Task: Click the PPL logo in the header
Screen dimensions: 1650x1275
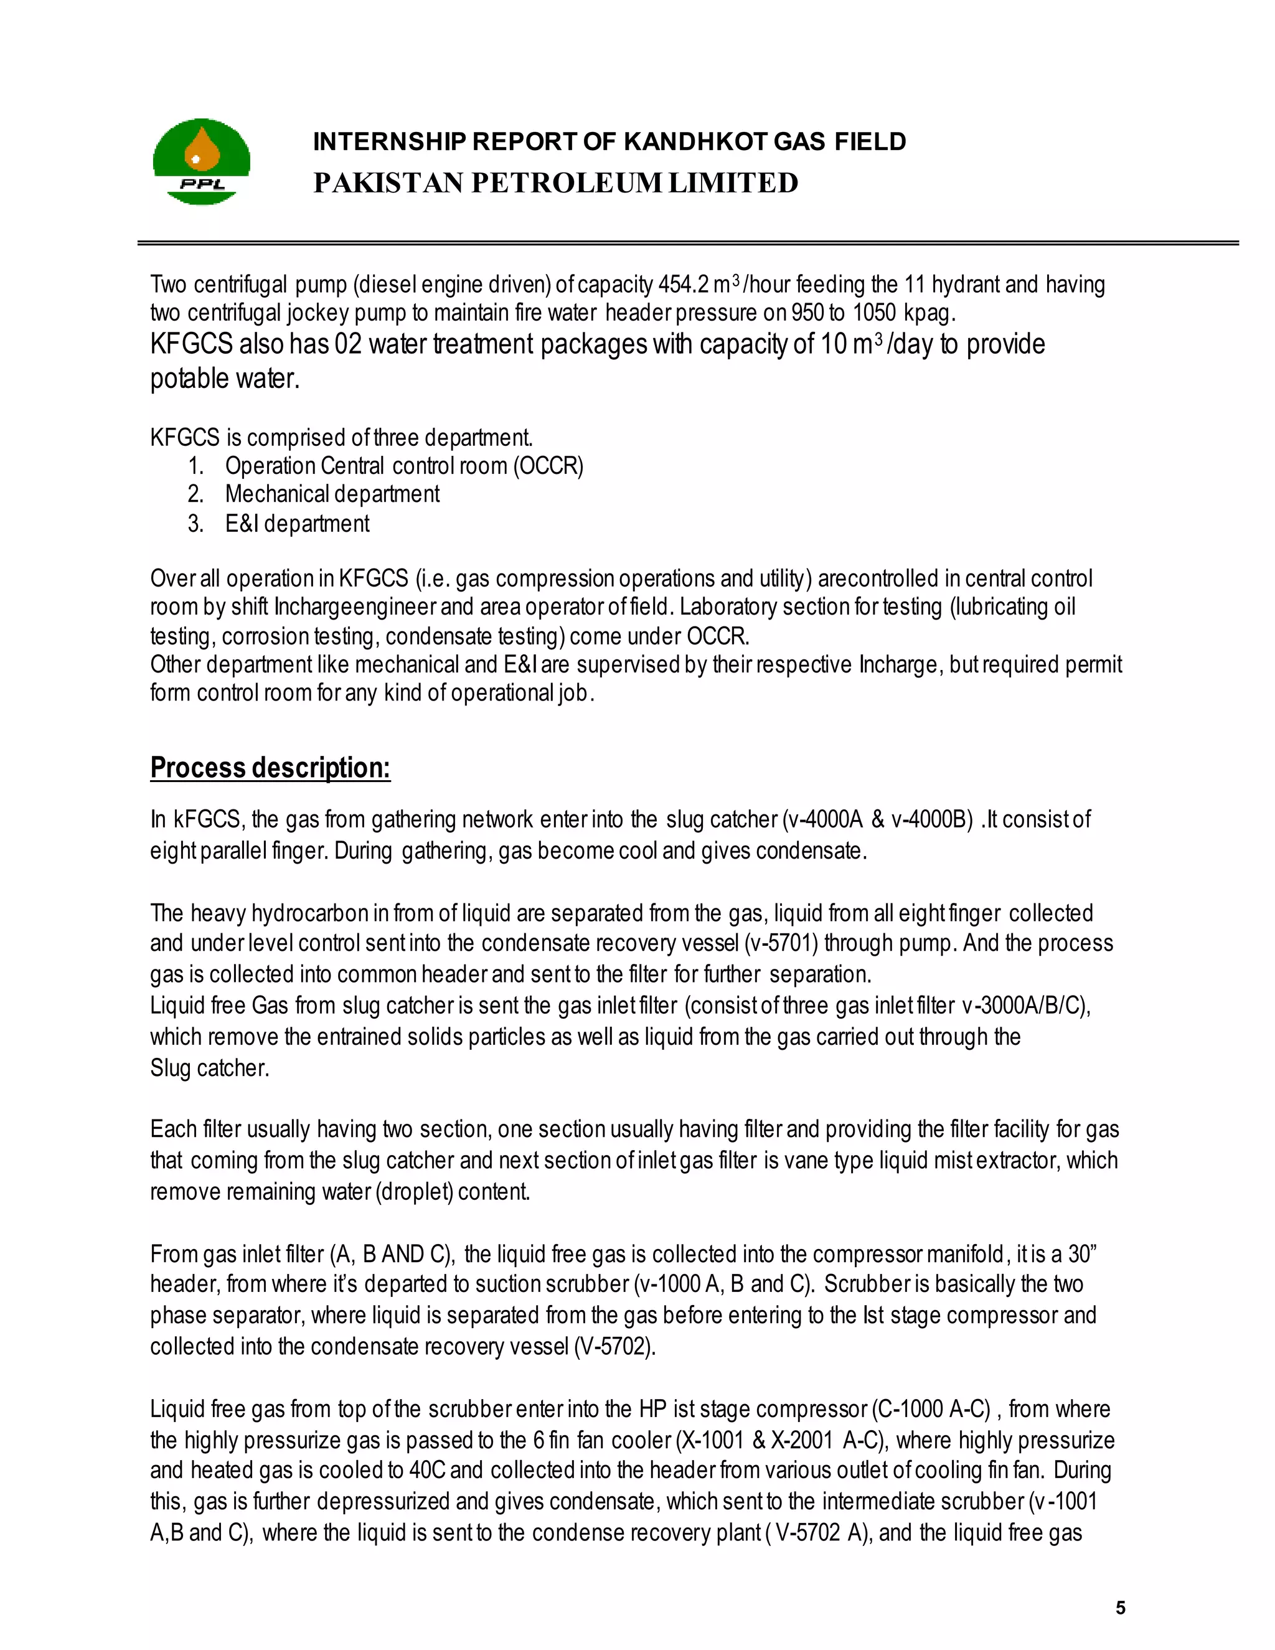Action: pos(201,161)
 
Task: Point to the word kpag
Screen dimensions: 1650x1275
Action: pos(929,313)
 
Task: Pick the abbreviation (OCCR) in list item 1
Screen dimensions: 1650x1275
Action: pos(548,466)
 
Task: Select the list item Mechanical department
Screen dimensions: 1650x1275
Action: pos(332,494)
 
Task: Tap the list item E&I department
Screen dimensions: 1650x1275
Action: pos(297,524)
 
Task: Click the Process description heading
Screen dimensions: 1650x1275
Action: pos(270,768)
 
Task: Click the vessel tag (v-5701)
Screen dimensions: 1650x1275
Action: pos(782,943)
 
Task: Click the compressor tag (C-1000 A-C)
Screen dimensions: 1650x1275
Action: pos(931,1409)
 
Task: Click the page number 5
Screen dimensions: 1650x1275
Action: pos(1120,1608)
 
